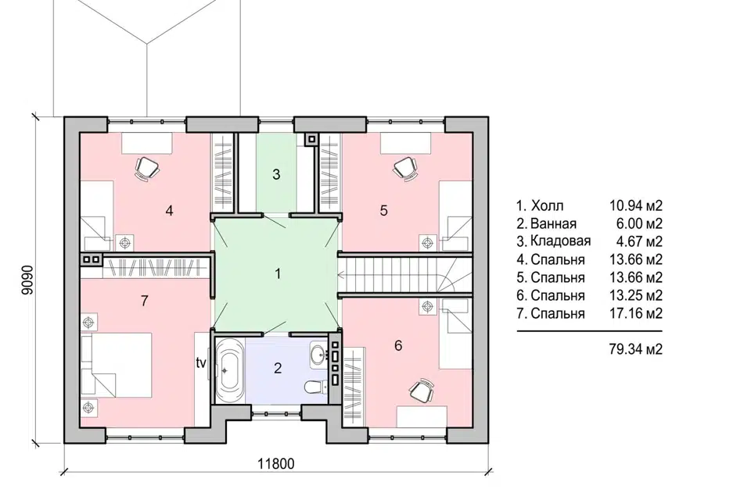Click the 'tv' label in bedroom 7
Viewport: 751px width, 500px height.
pos(201,363)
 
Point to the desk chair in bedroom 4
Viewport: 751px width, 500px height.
pos(147,168)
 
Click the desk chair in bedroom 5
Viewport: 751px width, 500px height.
pos(405,168)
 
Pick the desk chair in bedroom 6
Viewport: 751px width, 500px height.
pos(422,390)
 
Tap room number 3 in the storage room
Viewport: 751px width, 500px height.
pos(276,175)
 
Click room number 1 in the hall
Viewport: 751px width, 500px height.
pos(278,273)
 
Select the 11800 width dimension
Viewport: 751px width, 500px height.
pos(276,463)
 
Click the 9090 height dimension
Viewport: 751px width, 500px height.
pos(28,280)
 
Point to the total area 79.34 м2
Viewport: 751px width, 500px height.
pos(635,348)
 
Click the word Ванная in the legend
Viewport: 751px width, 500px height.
pos(553,223)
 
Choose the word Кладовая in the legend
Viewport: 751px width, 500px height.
pos(560,241)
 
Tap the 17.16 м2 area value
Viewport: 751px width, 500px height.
pos(635,313)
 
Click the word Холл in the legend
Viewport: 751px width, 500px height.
pos(547,205)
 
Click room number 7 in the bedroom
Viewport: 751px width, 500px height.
pos(145,301)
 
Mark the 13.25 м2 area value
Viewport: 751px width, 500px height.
pos(635,295)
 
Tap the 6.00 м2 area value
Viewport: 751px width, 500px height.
pos(639,223)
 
